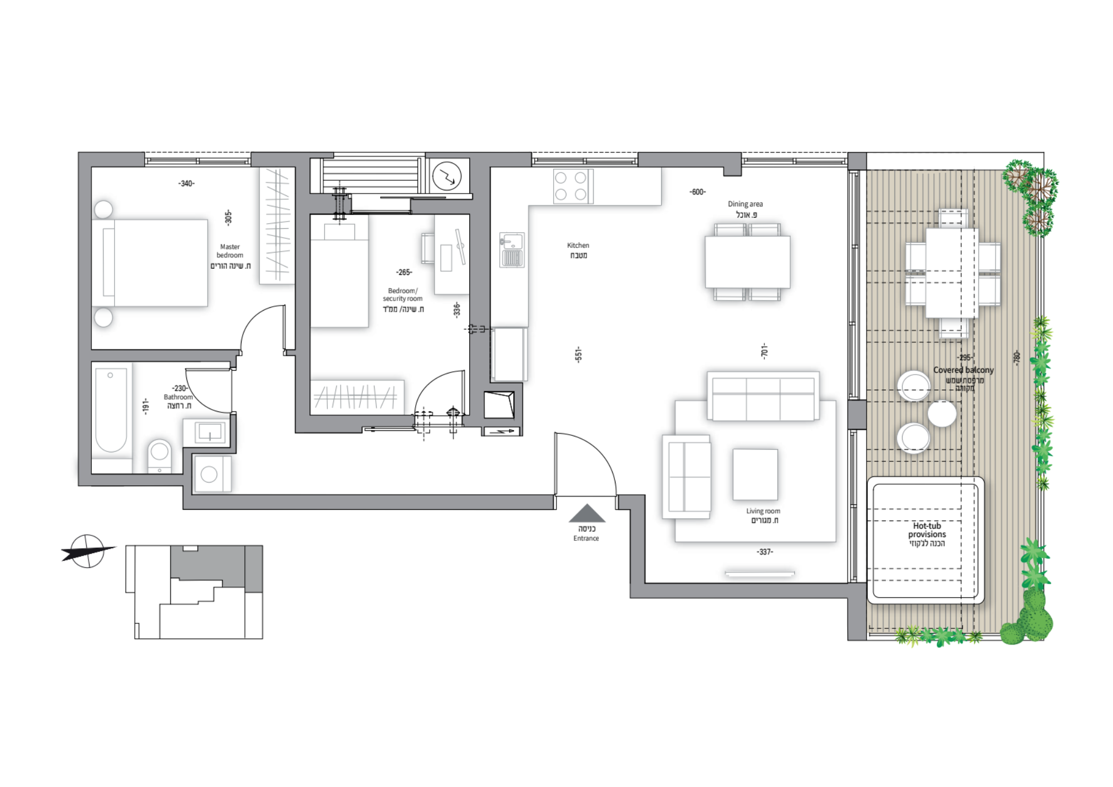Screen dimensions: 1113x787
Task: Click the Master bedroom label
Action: [230, 251]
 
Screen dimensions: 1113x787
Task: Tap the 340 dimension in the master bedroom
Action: [186, 184]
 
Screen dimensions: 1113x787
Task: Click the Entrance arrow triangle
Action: [587, 513]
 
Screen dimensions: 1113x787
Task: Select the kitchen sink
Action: [512, 250]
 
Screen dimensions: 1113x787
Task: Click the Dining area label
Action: [745, 204]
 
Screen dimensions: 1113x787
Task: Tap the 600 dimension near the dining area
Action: [697, 192]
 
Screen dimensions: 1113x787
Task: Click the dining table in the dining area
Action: [747, 262]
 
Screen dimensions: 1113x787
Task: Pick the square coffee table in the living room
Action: [755, 475]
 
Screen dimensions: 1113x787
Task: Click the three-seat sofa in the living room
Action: [763, 396]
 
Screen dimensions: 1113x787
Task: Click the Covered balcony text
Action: [963, 370]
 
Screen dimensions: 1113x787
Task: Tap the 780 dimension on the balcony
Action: [1017, 357]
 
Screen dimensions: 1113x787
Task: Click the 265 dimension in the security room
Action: [404, 272]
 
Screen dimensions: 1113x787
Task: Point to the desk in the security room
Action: [451, 255]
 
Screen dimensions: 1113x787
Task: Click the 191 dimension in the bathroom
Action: [146, 406]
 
